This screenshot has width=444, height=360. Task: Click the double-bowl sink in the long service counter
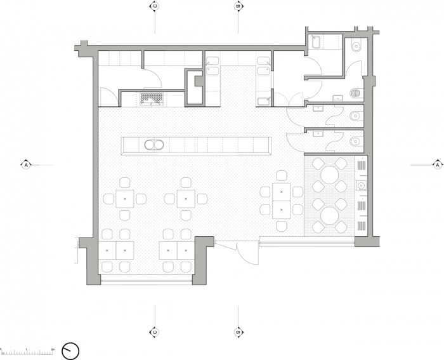[152, 145]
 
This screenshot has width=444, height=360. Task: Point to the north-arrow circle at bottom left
[71, 350]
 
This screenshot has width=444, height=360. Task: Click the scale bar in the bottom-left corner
[29, 350]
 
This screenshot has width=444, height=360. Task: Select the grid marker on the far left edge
[26, 165]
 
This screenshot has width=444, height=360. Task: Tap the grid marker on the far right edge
[437, 165]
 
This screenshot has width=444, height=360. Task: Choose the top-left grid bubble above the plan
[154, 6]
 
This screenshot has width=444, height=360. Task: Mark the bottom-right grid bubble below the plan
[238, 332]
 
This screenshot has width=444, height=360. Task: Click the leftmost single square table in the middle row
[124, 199]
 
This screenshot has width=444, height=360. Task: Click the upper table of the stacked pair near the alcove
[281, 190]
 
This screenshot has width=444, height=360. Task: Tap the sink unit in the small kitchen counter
[151, 98]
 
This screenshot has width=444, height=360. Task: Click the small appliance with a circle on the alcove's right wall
[362, 185]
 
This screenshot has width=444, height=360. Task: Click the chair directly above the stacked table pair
[281, 175]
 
